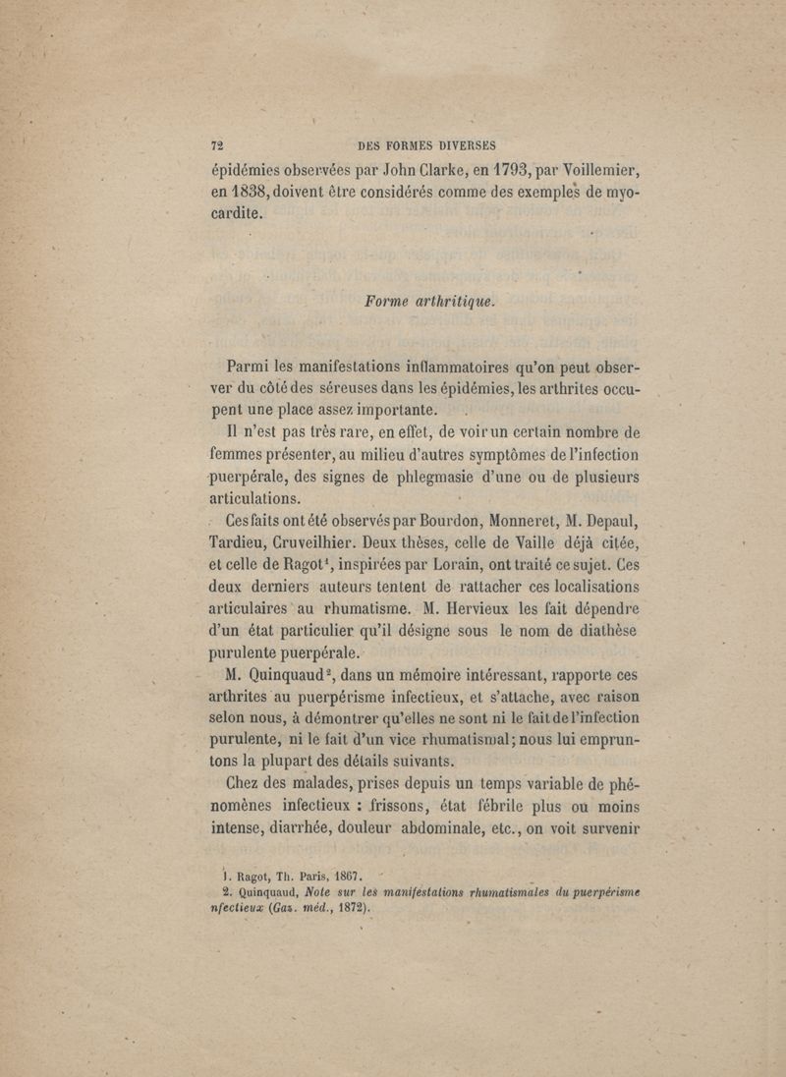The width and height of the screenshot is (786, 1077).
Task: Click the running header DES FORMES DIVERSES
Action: click(427, 140)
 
